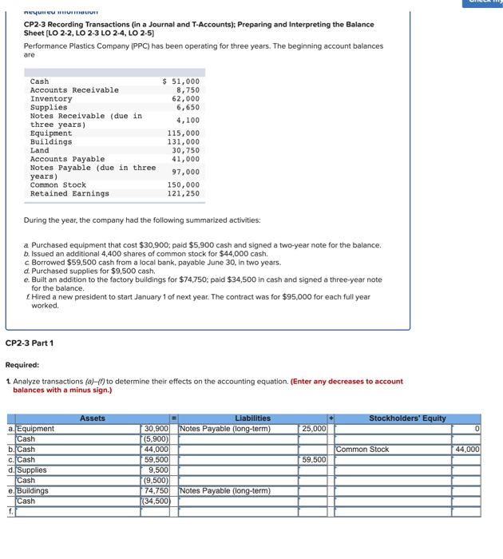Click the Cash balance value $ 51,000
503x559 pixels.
coord(181,81)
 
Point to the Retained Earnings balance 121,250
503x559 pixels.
coord(183,193)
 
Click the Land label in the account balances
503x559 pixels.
coord(40,150)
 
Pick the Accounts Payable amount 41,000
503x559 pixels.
coord(186,159)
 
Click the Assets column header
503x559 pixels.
coord(93,418)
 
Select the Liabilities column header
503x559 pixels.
coord(252,418)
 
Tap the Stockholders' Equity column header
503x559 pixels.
coord(407,418)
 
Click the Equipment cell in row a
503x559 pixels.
coord(36,429)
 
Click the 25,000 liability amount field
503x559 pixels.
coord(314,429)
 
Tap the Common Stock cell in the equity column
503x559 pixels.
coord(363,450)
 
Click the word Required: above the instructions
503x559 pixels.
coord(22,364)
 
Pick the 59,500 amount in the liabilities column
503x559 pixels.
coord(314,460)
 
